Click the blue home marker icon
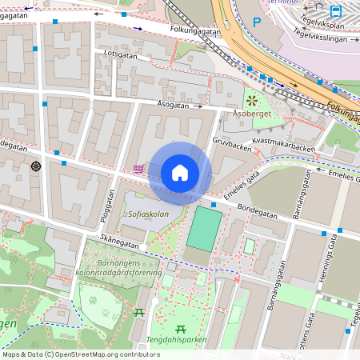[180, 173]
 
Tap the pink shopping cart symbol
[139, 169]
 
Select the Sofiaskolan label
[149, 214]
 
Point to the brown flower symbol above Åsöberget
[252, 101]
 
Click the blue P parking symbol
[257, 22]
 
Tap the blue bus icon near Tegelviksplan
[336, 11]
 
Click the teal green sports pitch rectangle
[204, 228]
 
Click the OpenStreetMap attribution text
[81, 354]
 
